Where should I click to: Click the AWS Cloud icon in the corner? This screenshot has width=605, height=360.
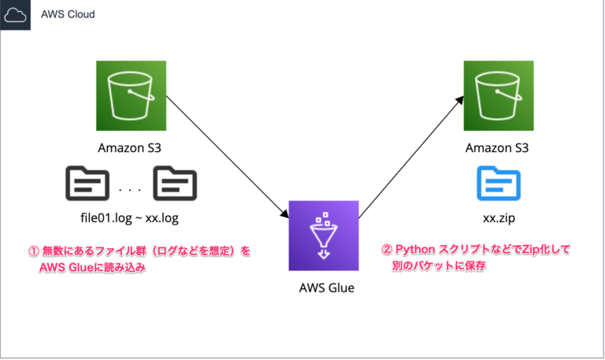pyautogui.click(x=16, y=16)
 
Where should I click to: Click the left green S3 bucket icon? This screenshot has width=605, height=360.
pyautogui.click(x=131, y=98)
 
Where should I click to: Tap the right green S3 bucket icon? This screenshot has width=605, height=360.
pyautogui.click(x=497, y=98)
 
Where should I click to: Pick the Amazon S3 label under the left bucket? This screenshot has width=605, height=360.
pyautogui.click(x=131, y=148)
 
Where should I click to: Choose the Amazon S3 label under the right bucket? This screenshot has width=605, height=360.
pyautogui.click(x=497, y=148)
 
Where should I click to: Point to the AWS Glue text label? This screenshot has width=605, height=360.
pyautogui.click(x=324, y=288)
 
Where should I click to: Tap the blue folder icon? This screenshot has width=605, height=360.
pyautogui.click(x=498, y=184)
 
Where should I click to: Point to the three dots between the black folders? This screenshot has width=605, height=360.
pyautogui.click(x=130, y=189)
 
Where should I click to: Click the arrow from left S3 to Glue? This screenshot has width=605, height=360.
pyautogui.click(x=228, y=157)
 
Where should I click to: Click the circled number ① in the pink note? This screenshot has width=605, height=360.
pyautogui.click(x=34, y=252)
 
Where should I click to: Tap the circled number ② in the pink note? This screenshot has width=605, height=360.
pyautogui.click(x=386, y=250)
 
